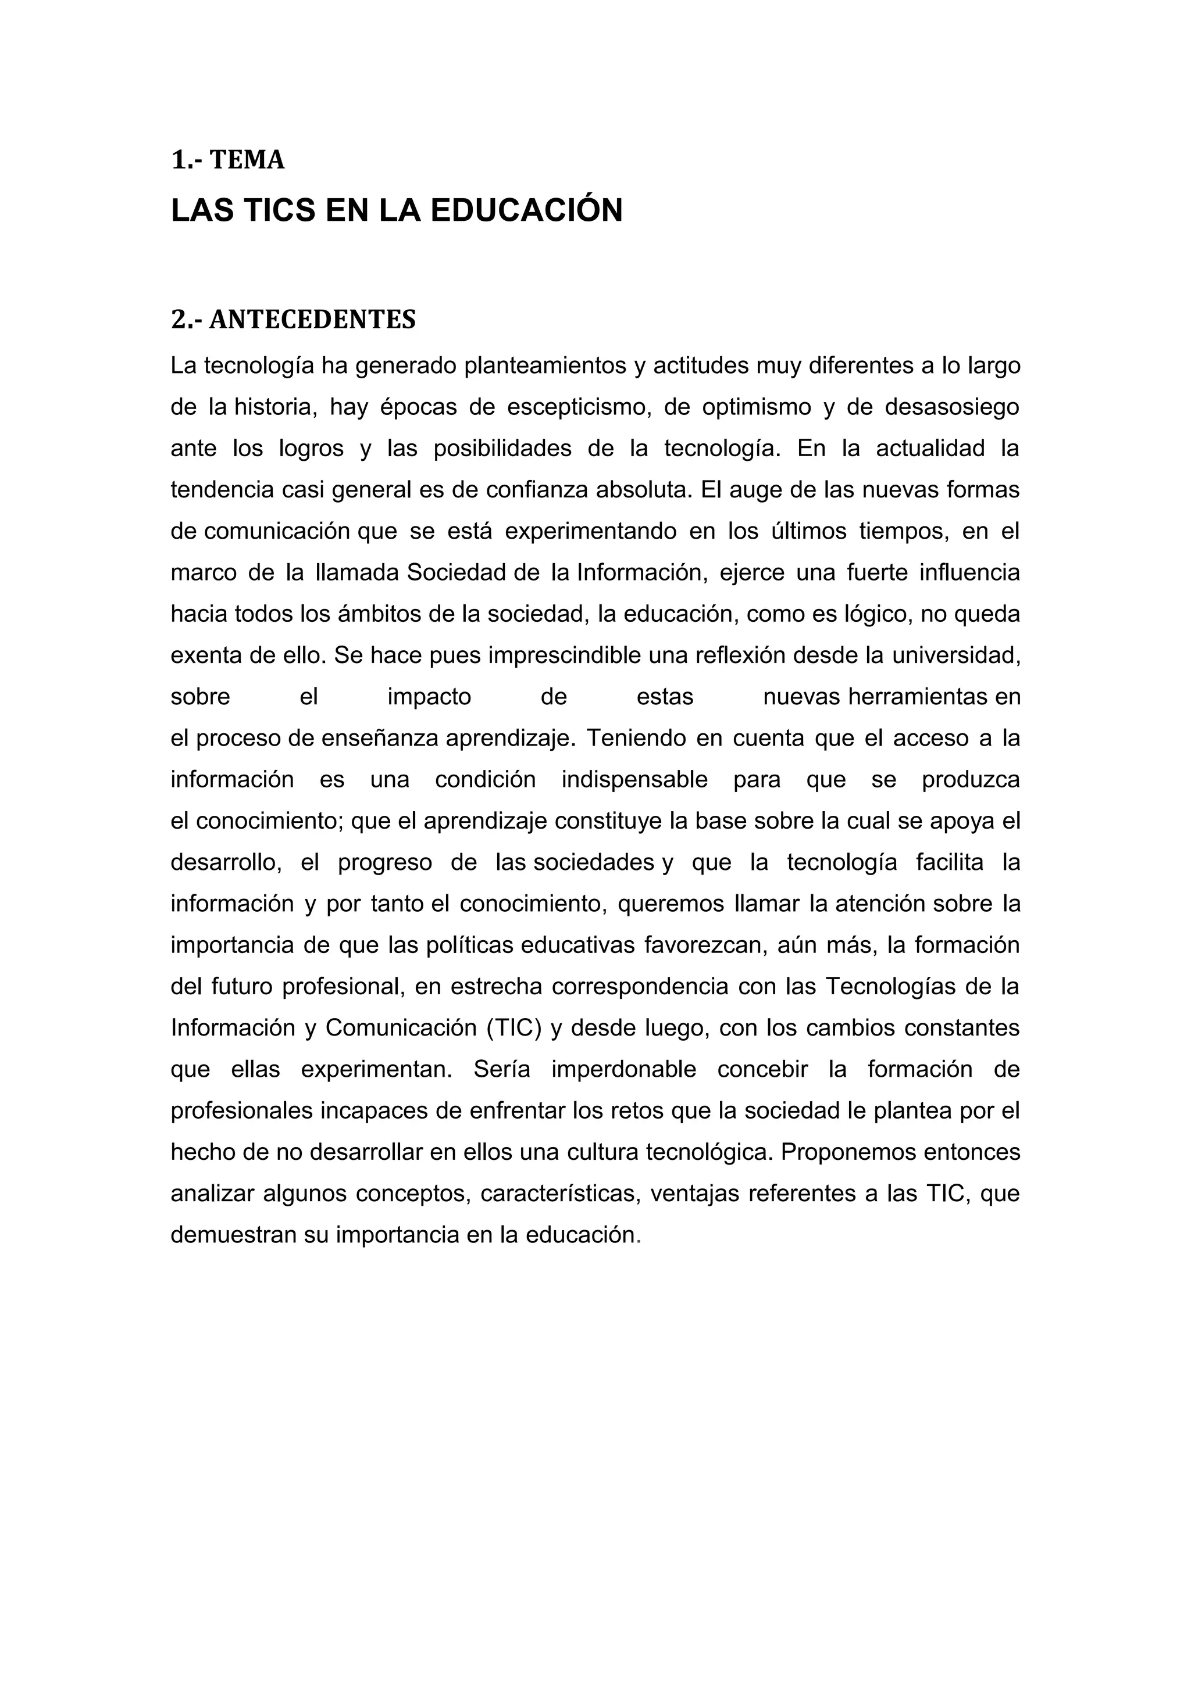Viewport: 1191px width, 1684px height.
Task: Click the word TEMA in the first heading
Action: [247, 160]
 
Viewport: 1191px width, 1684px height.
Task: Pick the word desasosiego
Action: [952, 407]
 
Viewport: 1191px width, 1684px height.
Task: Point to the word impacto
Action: [429, 697]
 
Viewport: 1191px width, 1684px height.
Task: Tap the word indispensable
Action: [635, 780]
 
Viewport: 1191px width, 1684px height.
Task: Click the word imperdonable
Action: [624, 1069]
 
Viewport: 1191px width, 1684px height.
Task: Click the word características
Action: [559, 1194]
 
